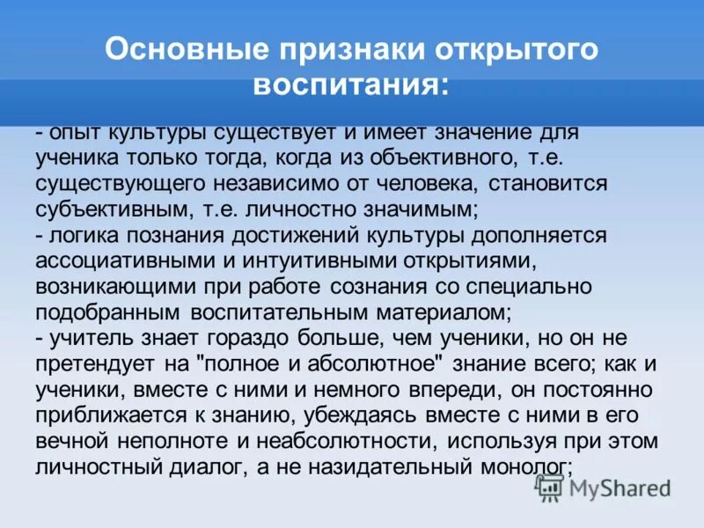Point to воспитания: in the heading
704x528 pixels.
tap(351, 86)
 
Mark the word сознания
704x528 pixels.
tap(390, 286)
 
